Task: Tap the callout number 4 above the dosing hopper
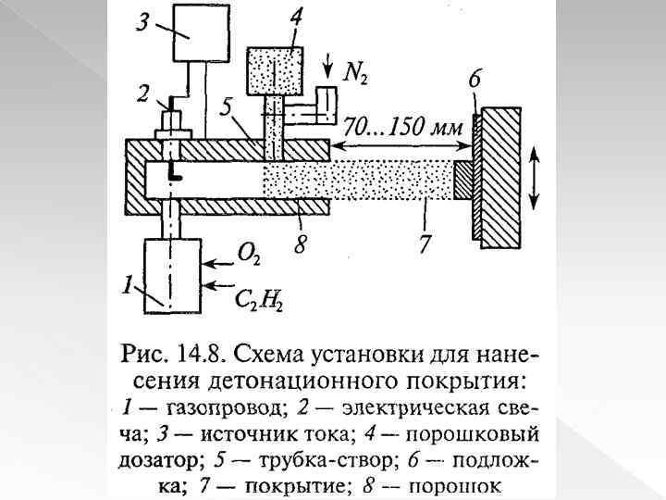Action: point(294,17)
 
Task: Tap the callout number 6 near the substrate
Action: point(475,81)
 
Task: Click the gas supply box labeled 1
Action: point(173,275)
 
